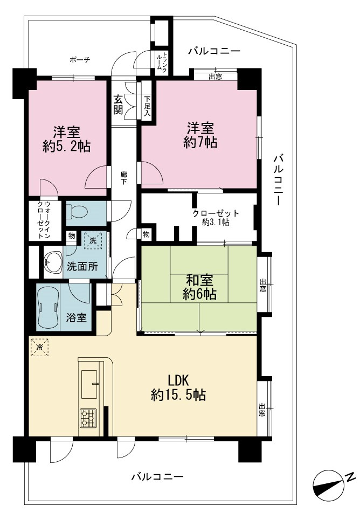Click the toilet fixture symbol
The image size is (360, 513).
(x=77, y=212)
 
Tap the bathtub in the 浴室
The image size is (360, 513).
(x=48, y=308)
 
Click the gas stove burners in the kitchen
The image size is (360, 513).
(x=88, y=418)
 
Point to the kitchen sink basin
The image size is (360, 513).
(x=89, y=384)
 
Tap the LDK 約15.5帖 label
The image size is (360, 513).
(x=178, y=389)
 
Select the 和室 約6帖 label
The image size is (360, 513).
(x=199, y=287)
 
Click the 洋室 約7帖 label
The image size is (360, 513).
(x=200, y=135)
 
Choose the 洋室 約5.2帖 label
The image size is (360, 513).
(x=66, y=139)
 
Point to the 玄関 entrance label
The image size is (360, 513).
(x=118, y=105)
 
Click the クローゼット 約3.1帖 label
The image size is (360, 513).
(x=216, y=218)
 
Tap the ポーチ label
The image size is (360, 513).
(x=80, y=60)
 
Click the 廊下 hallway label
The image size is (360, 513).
(x=124, y=178)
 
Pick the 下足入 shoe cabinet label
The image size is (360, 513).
(x=147, y=106)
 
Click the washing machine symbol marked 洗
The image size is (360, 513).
(x=93, y=240)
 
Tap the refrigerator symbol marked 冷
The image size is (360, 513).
(x=39, y=347)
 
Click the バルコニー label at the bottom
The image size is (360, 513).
(x=157, y=477)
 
